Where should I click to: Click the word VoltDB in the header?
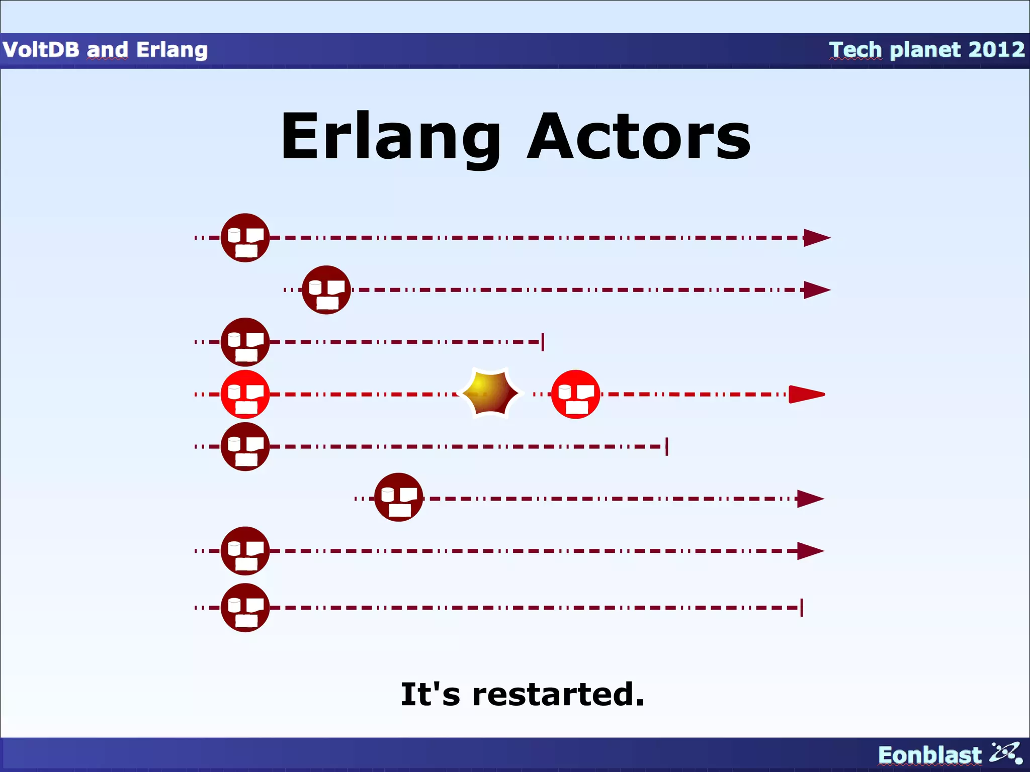41,50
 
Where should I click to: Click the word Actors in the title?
639,137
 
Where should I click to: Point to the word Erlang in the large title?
391,137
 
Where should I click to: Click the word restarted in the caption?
558,694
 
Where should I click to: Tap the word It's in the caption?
430,694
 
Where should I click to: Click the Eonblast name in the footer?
929,755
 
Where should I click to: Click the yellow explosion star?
490,394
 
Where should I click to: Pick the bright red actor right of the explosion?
576,395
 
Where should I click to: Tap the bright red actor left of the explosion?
245,395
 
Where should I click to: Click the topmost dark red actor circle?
245,238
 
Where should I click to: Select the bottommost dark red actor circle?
245,608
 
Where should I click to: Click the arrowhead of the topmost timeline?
816,238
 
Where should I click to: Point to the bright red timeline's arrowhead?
807,395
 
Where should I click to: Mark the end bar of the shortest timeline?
543,342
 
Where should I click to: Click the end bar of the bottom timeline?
802,608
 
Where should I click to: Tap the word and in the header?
107,50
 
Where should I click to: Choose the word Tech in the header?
855,50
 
